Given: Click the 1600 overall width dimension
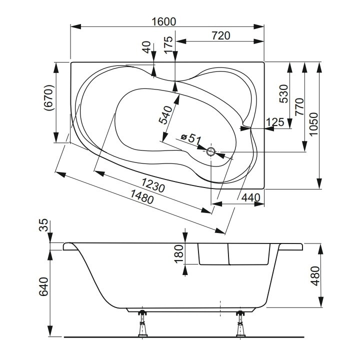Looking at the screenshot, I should pos(164,21).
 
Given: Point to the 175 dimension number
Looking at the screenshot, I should pos(168,43).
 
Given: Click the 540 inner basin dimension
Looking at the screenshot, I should pos(165,114).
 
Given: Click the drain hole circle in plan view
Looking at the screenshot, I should pos(211,151).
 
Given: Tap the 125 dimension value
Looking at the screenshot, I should pos(274,122).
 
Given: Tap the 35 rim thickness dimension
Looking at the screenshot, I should pos(44,225).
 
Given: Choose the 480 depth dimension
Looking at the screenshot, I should pos(313,275).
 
